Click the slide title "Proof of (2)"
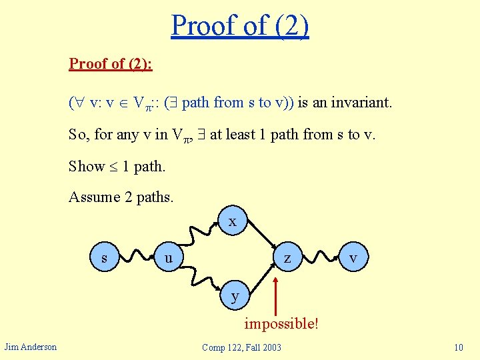tap(240, 25)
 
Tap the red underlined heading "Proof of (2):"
tap(111, 64)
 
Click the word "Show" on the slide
tap(87, 166)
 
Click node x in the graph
tap(233, 222)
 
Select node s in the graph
tap(105, 257)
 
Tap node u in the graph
tap(169, 257)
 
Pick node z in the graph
tap(287, 257)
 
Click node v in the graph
tap(353, 257)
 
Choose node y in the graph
tap(234, 295)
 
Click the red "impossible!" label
tap(281, 324)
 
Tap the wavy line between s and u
tap(137, 257)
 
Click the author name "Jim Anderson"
tap(31, 347)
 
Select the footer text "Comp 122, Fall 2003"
tap(241, 347)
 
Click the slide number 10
tap(458, 347)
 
